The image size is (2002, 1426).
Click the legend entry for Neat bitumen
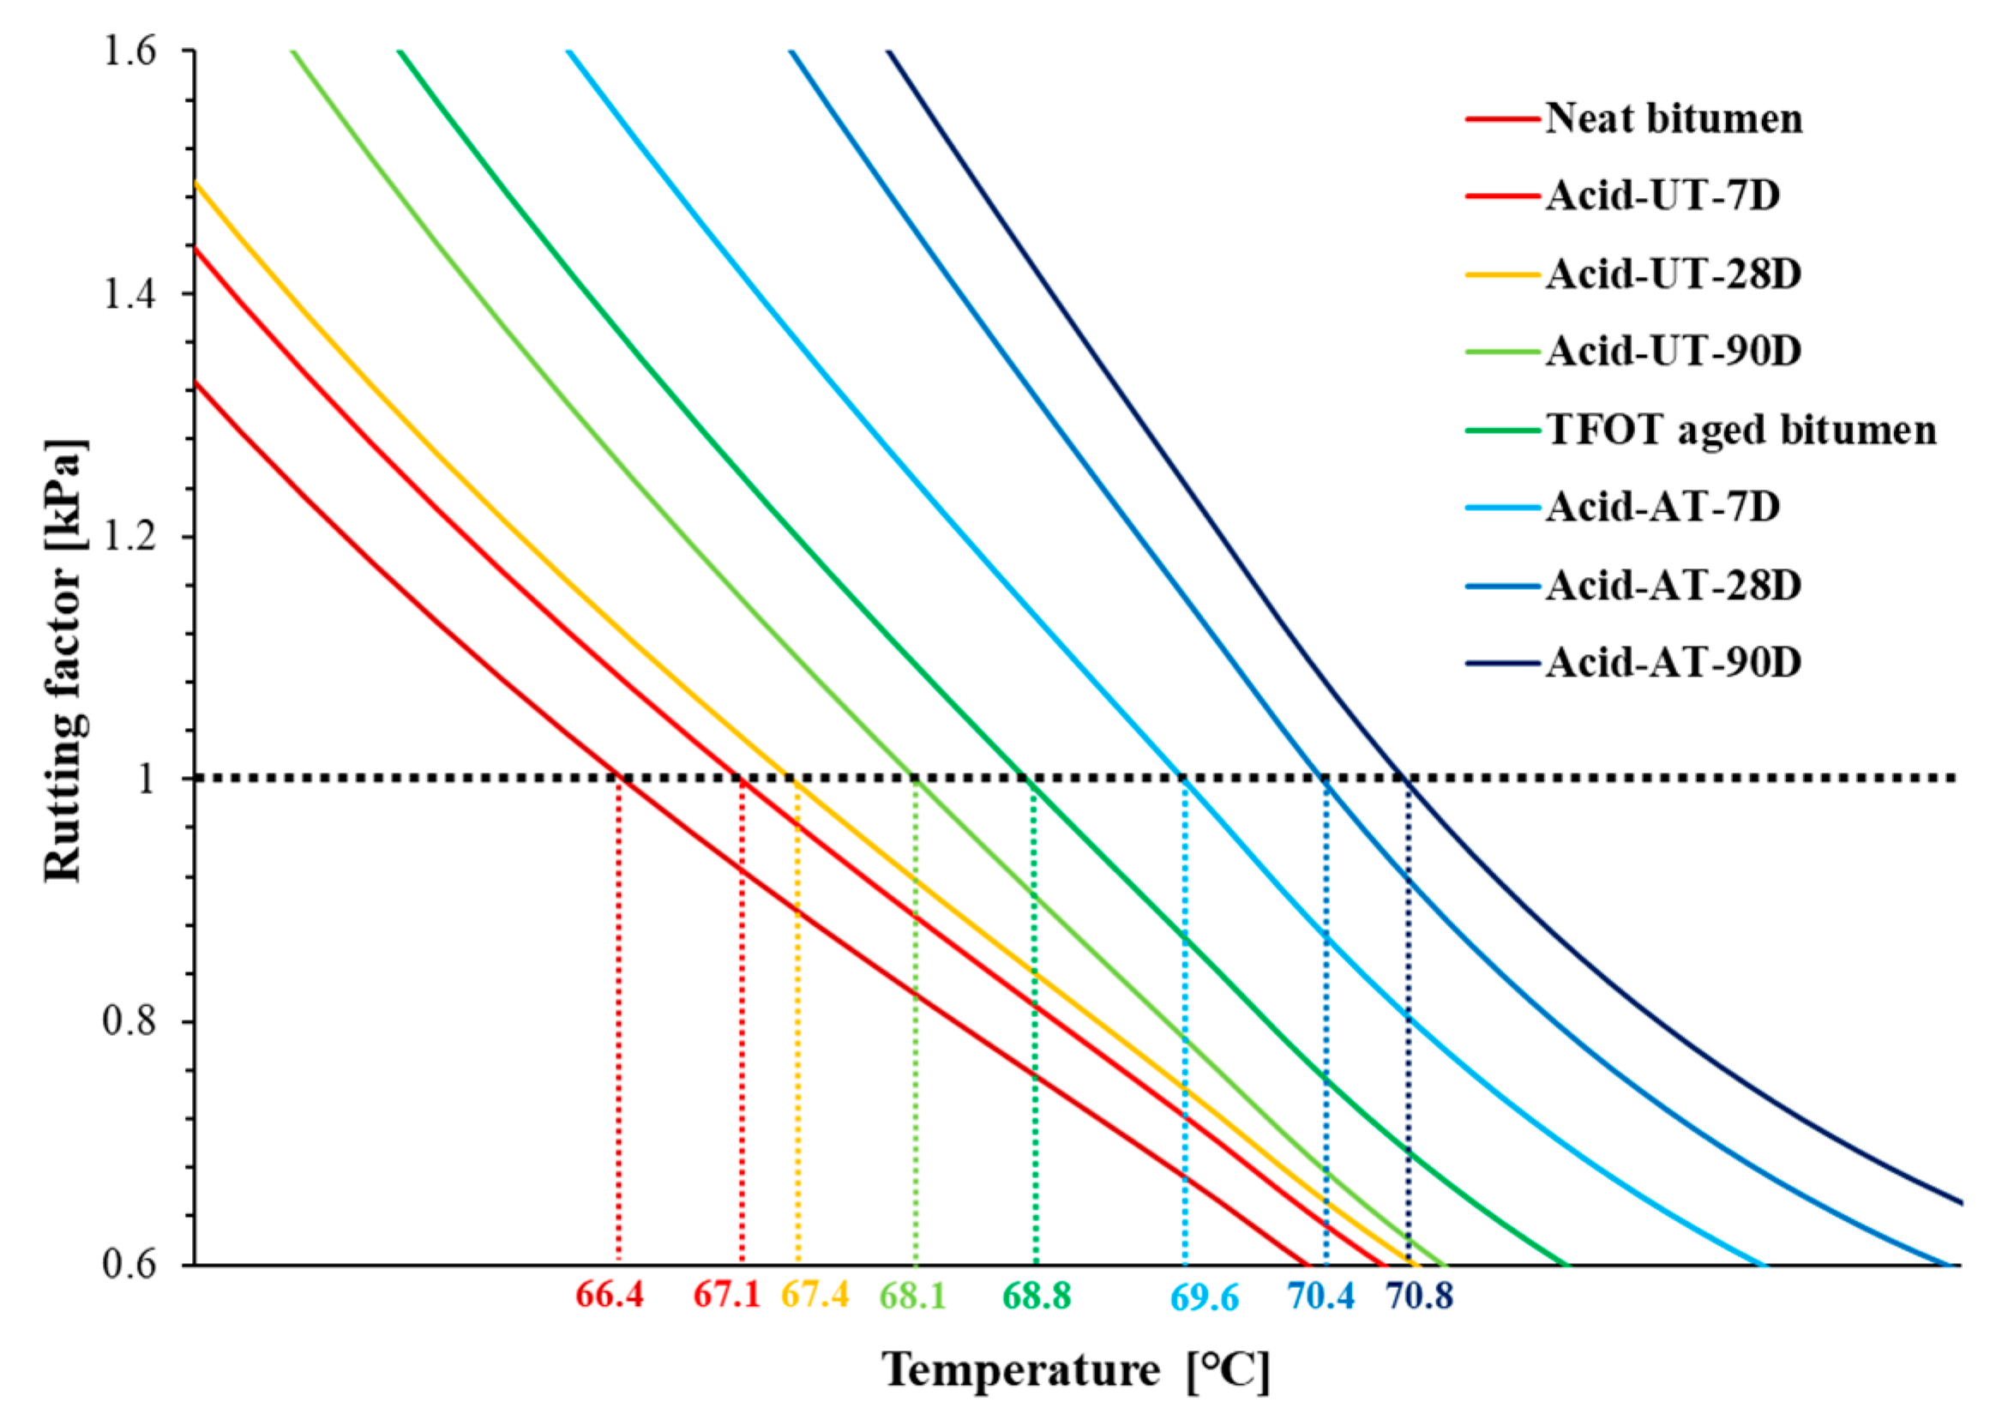(1673, 118)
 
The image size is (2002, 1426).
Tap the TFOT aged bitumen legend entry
(1740, 430)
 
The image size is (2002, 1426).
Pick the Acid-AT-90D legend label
(1673, 662)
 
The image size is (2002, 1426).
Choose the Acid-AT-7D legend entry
(1662, 507)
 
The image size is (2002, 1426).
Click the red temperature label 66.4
(610, 1295)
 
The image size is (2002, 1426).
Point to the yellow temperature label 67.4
(815, 1295)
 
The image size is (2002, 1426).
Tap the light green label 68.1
(913, 1296)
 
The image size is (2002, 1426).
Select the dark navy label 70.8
(1420, 1296)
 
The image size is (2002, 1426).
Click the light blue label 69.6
(1205, 1297)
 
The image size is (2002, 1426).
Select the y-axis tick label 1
(147, 779)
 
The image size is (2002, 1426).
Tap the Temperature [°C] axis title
(1076, 1369)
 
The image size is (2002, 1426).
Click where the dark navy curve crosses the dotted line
(1406, 778)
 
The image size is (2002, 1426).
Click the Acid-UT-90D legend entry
(1673, 352)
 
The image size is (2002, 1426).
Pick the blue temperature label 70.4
(1320, 1296)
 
